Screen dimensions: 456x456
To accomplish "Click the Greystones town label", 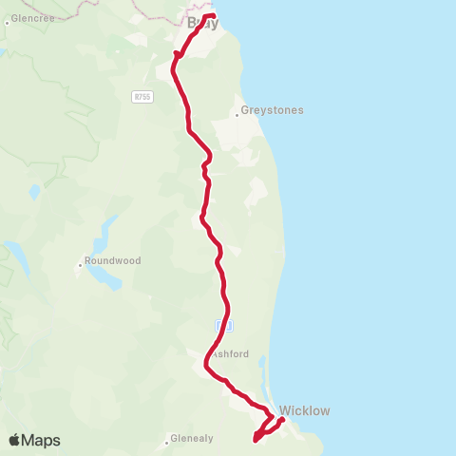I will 272,110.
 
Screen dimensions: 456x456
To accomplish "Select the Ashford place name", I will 230,354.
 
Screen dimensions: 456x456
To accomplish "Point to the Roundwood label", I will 112,261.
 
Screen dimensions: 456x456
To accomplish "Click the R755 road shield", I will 142,96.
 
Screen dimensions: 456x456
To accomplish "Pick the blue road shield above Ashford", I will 223,326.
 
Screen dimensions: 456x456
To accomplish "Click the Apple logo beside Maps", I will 14,440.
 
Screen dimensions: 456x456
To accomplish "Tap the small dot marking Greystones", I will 237,117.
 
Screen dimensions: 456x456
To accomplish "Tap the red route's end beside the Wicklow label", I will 281,419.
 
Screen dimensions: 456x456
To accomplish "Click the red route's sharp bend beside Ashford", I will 206,362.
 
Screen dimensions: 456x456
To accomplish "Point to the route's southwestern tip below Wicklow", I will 255,439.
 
